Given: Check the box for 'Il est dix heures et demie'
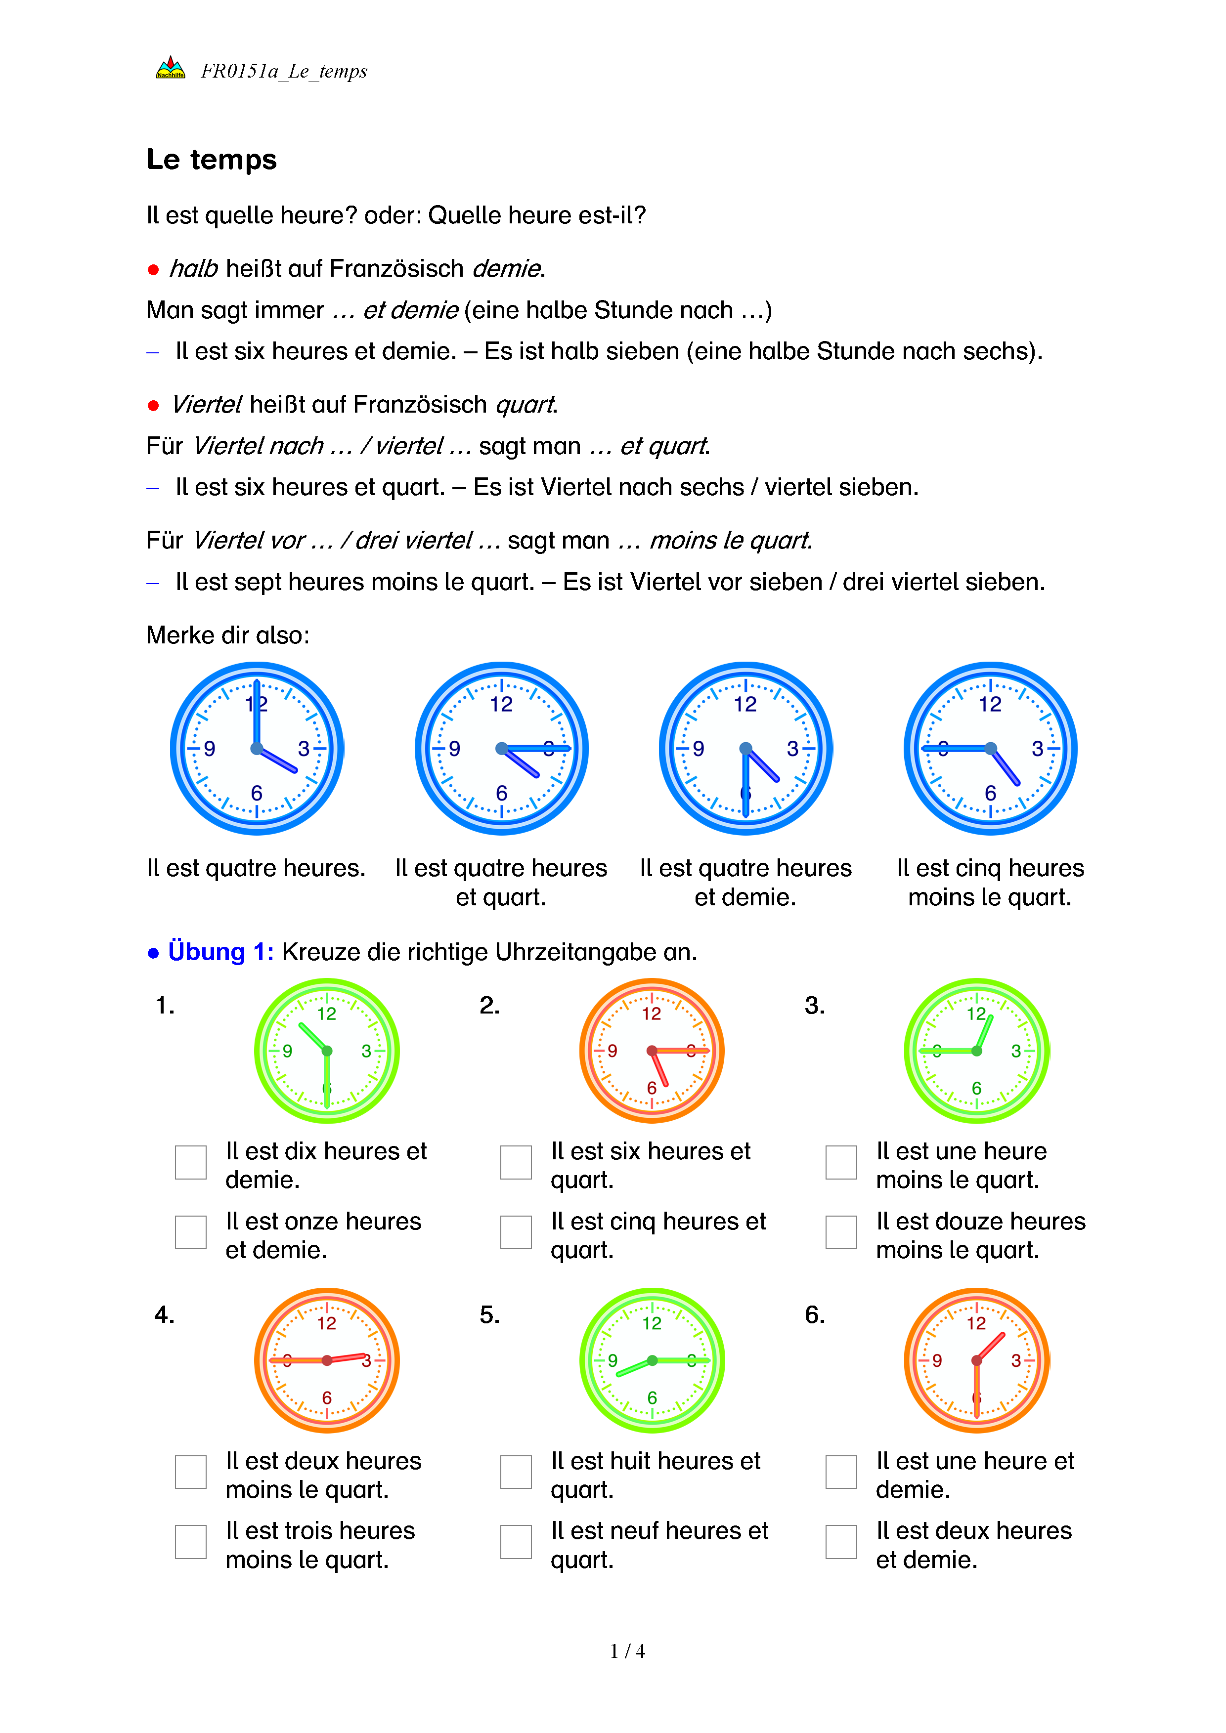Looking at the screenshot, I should tap(190, 1162).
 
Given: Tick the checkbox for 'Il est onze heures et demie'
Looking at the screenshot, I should tap(190, 1232).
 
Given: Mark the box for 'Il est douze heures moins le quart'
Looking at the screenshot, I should tap(841, 1232).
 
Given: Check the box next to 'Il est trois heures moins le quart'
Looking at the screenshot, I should tap(190, 1542).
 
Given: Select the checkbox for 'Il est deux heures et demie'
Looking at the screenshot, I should tap(841, 1542).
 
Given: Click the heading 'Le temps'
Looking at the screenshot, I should tap(212, 160).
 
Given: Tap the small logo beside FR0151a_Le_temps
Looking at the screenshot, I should tap(171, 69).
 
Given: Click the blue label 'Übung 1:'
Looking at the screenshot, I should tap(220, 952).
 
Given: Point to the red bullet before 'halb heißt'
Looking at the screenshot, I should tap(153, 269).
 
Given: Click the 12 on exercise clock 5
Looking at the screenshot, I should tap(652, 1323).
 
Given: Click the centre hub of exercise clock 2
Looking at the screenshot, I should tap(652, 1051).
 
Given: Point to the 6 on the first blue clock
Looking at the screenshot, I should tap(257, 793).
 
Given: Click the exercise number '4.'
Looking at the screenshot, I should tap(165, 1315).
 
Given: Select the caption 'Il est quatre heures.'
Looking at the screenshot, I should tap(256, 868).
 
